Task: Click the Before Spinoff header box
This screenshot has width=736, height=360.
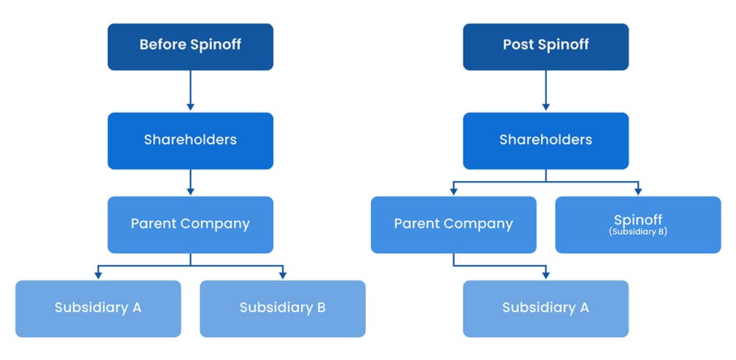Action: click(x=190, y=46)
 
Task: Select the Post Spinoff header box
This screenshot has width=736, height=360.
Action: click(x=545, y=46)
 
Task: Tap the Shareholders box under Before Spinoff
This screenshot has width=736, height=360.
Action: click(x=190, y=141)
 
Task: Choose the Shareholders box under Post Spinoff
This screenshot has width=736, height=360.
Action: click(x=545, y=141)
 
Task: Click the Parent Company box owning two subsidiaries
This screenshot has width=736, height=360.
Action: click(x=190, y=225)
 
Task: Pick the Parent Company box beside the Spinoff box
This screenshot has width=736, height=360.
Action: click(x=453, y=225)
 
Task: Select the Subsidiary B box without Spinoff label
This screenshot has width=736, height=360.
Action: click(x=282, y=308)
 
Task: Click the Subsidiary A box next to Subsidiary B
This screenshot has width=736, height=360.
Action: click(x=98, y=308)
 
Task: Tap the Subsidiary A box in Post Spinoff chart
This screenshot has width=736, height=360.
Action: click(x=545, y=308)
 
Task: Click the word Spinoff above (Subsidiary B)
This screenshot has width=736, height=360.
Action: click(x=637, y=220)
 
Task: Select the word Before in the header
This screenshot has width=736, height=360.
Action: click(x=163, y=45)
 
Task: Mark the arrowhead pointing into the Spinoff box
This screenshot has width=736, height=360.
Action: click(x=637, y=191)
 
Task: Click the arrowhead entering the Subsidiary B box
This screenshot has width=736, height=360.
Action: click(x=282, y=275)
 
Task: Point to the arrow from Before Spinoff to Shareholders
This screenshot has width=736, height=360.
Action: click(x=190, y=91)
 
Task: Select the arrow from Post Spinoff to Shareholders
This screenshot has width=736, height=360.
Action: click(x=545, y=91)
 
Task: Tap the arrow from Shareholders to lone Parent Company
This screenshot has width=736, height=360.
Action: click(x=190, y=182)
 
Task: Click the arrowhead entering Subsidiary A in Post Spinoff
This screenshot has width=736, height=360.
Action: click(x=545, y=275)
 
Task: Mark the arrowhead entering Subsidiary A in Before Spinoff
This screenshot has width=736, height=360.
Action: click(x=98, y=275)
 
